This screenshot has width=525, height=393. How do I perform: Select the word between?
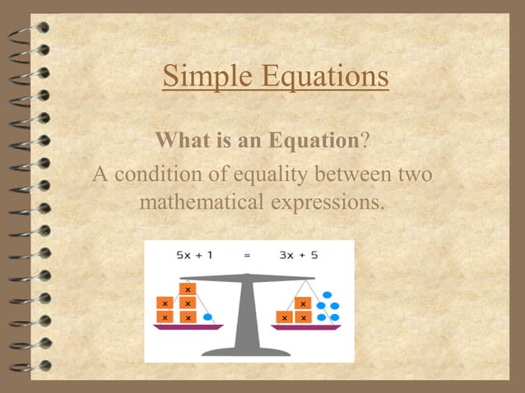[x=353, y=174]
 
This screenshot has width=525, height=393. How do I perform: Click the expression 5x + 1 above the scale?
[x=195, y=256]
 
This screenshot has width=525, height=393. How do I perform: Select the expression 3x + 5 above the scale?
[x=299, y=256]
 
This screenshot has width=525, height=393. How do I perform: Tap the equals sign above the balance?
[x=247, y=256]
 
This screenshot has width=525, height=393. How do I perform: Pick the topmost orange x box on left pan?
[x=188, y=289]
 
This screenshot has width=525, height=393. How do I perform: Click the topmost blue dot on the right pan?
[x=328, y=294]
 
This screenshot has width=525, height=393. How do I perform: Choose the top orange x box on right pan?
[x=303, y=303]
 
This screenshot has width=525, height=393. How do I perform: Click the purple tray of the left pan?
[x=188, y=326]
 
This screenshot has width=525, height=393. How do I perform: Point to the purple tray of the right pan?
[x=305, y=326]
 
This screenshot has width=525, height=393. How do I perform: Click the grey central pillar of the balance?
[x=247, y=317]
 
